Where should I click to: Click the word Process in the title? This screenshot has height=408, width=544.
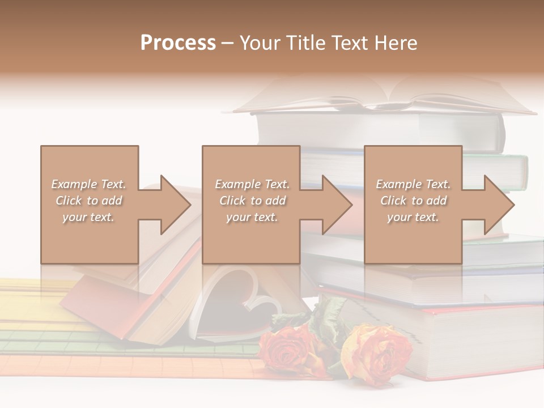[x=178, y=43]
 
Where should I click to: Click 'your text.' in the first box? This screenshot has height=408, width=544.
[x=88, y=218]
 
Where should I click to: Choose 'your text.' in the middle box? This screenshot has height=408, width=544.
[x=252, y=218]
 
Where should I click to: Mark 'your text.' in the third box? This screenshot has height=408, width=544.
[x=413, y=218]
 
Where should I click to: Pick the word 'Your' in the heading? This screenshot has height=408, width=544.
[x=258, y=43]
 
